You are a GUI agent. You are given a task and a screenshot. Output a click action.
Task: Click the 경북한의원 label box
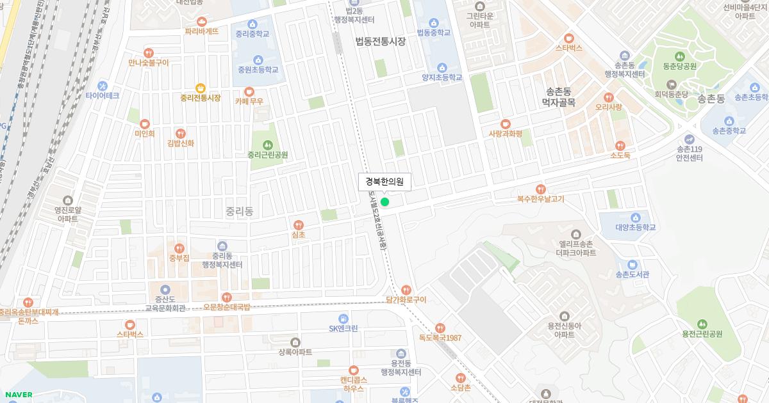tap(384, 182)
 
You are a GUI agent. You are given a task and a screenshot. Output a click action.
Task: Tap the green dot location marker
tap(384, 202)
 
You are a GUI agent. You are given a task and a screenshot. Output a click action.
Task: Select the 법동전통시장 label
tap(381, 42)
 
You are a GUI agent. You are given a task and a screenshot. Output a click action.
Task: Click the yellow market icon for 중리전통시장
tap(201, 88)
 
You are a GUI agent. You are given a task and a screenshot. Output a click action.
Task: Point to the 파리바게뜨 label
tap(202, 31)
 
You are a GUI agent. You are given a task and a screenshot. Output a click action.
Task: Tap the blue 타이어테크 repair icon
tap(103, 86)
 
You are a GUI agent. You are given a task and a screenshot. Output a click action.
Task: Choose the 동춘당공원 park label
tap(680, 66)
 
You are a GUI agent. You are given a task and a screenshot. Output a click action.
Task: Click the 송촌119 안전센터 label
tap(690, 154)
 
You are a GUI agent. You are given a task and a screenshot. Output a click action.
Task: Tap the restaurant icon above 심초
tap(298, 225)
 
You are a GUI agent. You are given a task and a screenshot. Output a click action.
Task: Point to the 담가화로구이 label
tap(406, 299)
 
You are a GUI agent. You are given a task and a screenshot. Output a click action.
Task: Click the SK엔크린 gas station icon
tap(343, 318)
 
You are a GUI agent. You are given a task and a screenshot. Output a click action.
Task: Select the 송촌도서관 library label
tap(632, 274)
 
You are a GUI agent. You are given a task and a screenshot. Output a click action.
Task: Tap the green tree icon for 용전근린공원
tap(702, 324)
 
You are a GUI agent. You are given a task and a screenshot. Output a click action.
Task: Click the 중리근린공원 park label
tap(267, 155)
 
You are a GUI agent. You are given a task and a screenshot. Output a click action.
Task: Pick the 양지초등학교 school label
tap(442, 77)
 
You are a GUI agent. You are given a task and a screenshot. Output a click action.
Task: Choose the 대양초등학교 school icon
tap(636, 217)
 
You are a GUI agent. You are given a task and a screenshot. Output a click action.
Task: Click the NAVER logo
tap(17, 395)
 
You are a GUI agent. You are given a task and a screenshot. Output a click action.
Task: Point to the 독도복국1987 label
tap(440, 338)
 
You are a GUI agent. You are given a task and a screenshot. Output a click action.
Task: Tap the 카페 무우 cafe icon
tap(249, 91)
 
